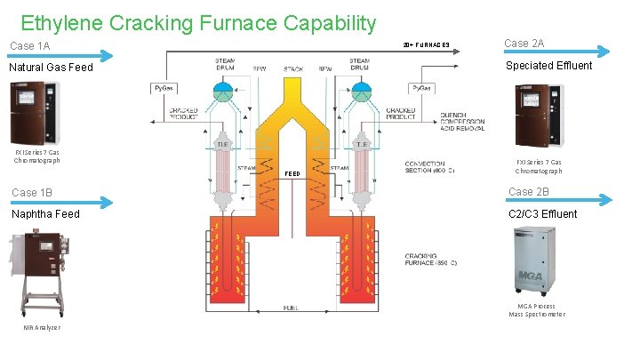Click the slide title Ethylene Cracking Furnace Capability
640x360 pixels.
point(198,23)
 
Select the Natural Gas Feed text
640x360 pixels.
point(50,68)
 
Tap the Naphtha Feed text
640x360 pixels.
point(45,214)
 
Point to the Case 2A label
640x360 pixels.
point(524,44)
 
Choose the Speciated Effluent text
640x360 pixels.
point(548,66)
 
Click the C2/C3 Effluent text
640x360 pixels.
point(542,214)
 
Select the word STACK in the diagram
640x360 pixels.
point(293,68)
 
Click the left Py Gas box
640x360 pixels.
point(163,88)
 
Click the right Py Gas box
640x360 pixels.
point(422,88)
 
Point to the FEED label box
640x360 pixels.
point(292,172)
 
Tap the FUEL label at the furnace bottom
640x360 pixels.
point(291,308)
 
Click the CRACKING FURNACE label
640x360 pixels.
point(431,259)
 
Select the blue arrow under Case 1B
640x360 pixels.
point(58,203)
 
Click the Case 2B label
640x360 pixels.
point(529,192)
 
